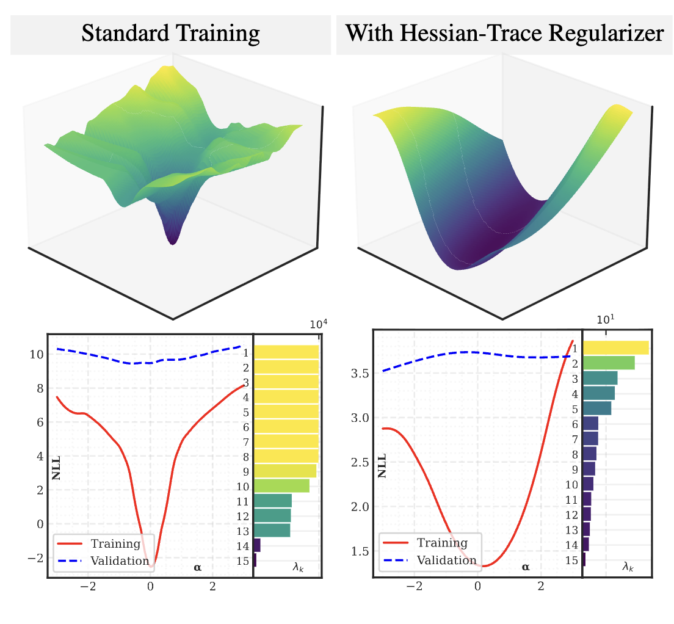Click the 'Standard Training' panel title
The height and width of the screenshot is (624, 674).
(170, 33)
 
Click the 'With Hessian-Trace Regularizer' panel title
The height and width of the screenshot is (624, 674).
(504, 33)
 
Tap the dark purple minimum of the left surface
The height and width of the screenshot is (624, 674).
(173, 239)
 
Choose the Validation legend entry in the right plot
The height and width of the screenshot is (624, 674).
(445, 560)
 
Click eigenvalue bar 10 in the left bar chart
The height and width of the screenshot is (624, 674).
(281, 486)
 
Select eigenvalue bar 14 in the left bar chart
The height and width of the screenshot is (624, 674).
(257, 545)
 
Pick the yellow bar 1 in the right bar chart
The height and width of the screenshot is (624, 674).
(616, 348)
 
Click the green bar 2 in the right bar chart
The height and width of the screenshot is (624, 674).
(609, 363)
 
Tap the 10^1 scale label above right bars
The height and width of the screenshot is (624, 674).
(605, 319)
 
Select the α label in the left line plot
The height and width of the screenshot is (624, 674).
(197, 567)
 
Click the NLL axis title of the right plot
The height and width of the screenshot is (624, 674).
(382, 465)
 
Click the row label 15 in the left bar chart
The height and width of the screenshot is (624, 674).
(242, 561)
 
